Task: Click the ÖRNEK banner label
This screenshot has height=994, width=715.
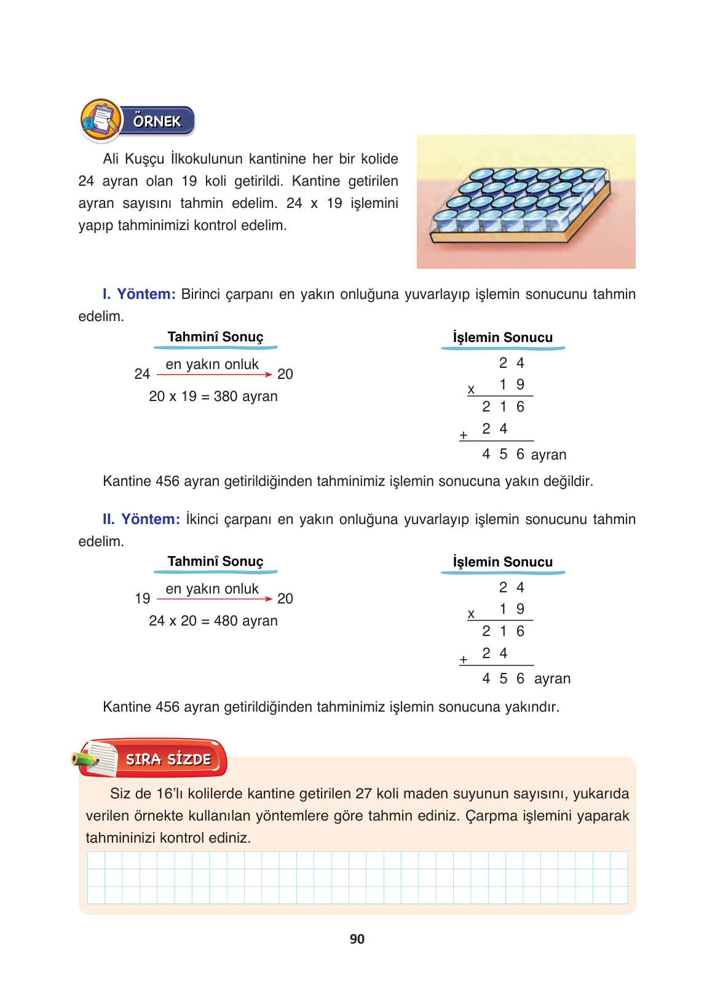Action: point(157,121)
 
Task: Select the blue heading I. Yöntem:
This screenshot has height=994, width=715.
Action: point(140,294)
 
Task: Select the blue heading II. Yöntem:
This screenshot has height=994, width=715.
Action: point(141,519)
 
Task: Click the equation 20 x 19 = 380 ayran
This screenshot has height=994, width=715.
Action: point(213,396)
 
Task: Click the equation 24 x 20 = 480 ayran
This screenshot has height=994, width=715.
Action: point(213,621)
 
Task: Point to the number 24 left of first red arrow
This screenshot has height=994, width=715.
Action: point(142,374)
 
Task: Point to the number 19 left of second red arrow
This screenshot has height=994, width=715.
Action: point(143,598)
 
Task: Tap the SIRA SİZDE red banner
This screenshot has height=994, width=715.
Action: point(168,759)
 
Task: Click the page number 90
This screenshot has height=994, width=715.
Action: point(357,939)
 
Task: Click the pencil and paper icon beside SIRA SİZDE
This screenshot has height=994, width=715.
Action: point(95,758)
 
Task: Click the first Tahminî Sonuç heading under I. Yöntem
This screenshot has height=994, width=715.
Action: point(215,337)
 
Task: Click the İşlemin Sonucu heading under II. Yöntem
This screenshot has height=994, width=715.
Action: point(503,562)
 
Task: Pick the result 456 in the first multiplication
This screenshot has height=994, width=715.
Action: point(504,454)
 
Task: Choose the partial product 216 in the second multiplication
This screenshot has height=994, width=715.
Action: point(504,631)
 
